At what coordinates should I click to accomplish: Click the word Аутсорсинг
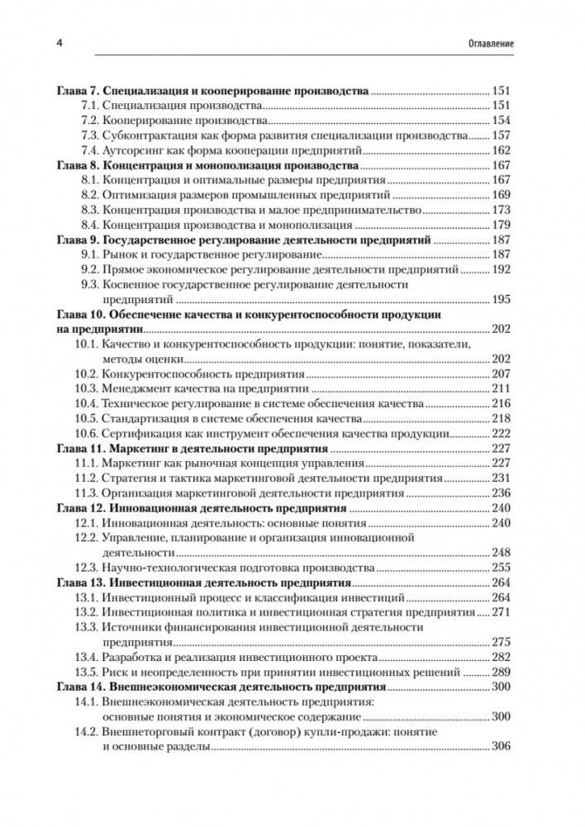pyautogui.click(x=131, y=150)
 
